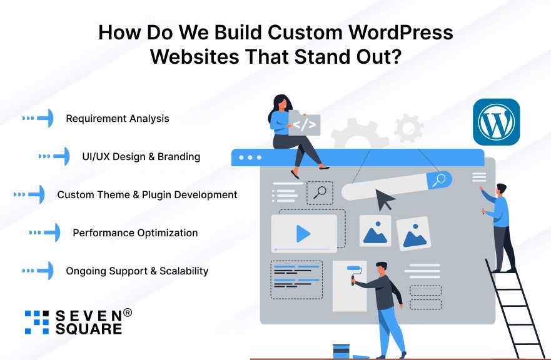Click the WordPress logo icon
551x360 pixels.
point(496,122)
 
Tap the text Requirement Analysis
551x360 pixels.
point(118,118)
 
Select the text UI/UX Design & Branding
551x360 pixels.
point(141,156)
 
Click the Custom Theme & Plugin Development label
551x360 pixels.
point(147,194)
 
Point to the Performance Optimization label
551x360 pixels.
point(135,232)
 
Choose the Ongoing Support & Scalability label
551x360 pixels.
point(137,271)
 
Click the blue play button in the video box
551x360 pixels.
point(303,234)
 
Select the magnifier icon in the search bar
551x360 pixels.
point(440,180)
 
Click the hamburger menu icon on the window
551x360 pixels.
point(479,177)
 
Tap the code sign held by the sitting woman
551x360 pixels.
point(305,124)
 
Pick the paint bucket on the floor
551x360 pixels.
point(341,351)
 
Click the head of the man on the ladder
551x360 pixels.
point(501,189)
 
